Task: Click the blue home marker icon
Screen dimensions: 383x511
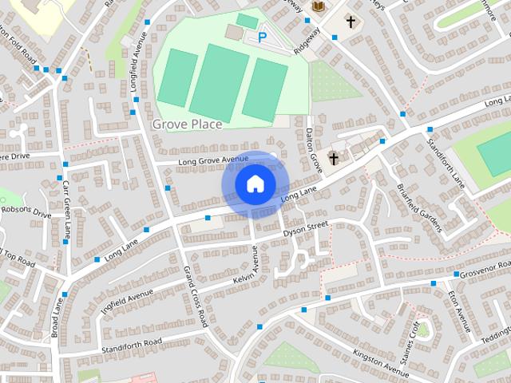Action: (x=255, y=184)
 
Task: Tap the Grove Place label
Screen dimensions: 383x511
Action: (x=187, y=124)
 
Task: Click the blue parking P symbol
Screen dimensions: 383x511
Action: (x=262, y=37)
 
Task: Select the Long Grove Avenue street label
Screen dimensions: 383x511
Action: (x=213, y=160)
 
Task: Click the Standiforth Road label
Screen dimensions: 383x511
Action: (x=132, y=345)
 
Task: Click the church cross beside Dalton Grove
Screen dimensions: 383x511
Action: (x=333, y=158)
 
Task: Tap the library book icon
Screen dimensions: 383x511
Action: (x=317, y=7)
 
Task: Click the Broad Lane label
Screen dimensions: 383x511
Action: (x=57, y=318)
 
